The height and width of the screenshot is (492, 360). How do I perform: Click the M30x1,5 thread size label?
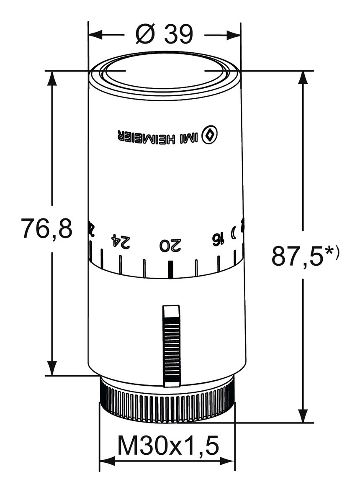(168, 446)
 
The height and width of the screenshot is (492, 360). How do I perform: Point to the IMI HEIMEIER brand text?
(158, 137)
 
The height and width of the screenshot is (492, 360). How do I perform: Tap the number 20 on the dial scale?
(171, 246)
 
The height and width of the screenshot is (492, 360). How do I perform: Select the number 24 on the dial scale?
(121, 242)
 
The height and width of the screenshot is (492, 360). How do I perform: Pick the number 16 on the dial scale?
(216, 238)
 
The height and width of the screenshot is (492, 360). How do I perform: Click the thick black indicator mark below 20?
(170, 269)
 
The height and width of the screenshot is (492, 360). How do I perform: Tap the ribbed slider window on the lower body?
(171, 346)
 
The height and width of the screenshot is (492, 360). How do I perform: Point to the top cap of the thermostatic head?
(165, 72)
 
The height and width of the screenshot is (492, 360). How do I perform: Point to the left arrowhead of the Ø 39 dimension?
(95, 34)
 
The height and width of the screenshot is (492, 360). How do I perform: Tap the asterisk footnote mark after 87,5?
(331, 250)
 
